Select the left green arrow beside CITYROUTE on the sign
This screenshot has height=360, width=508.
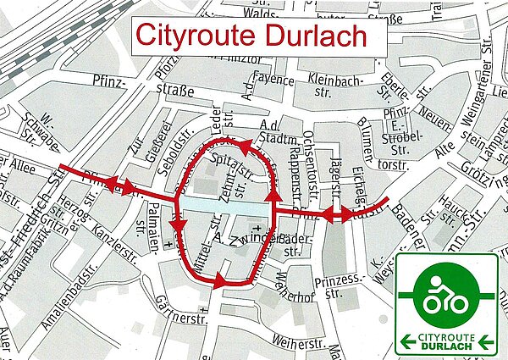coord(407,341)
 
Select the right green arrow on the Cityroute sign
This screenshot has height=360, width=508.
coord(485,341)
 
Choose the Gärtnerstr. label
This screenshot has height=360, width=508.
coord(185,318)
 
